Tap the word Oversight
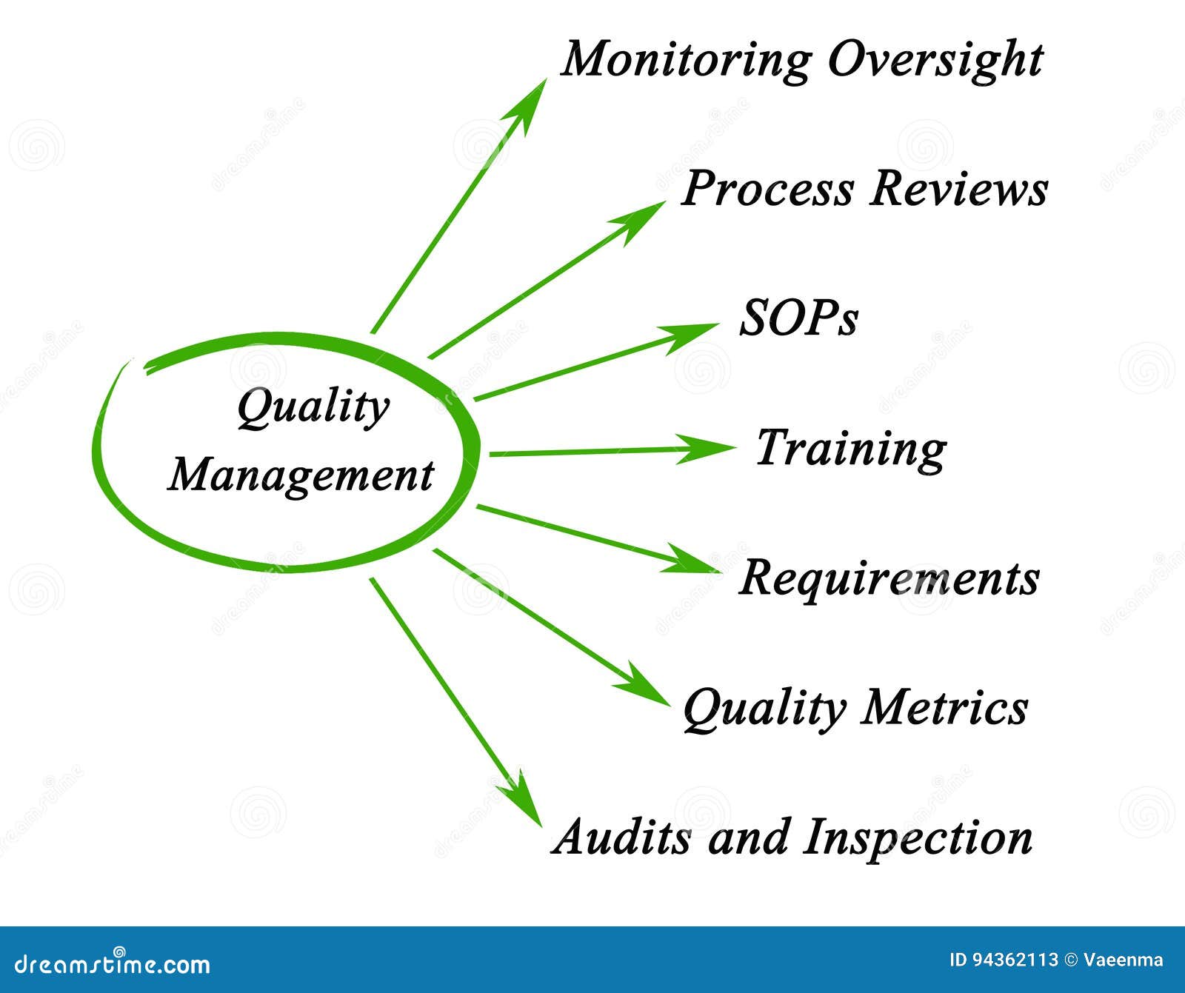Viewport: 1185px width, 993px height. coord(935,59)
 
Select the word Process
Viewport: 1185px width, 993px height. coord(767,188)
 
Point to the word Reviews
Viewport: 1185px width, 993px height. coord(958,188)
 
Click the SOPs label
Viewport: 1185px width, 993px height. coord(799,319)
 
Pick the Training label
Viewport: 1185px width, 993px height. coord(851,449)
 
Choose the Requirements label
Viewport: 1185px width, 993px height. coord(889,578)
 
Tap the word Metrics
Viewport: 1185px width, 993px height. coord(944,706)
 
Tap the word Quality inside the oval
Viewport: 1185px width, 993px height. coord(313,408)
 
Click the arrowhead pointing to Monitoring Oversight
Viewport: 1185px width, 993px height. coord(532,100)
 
